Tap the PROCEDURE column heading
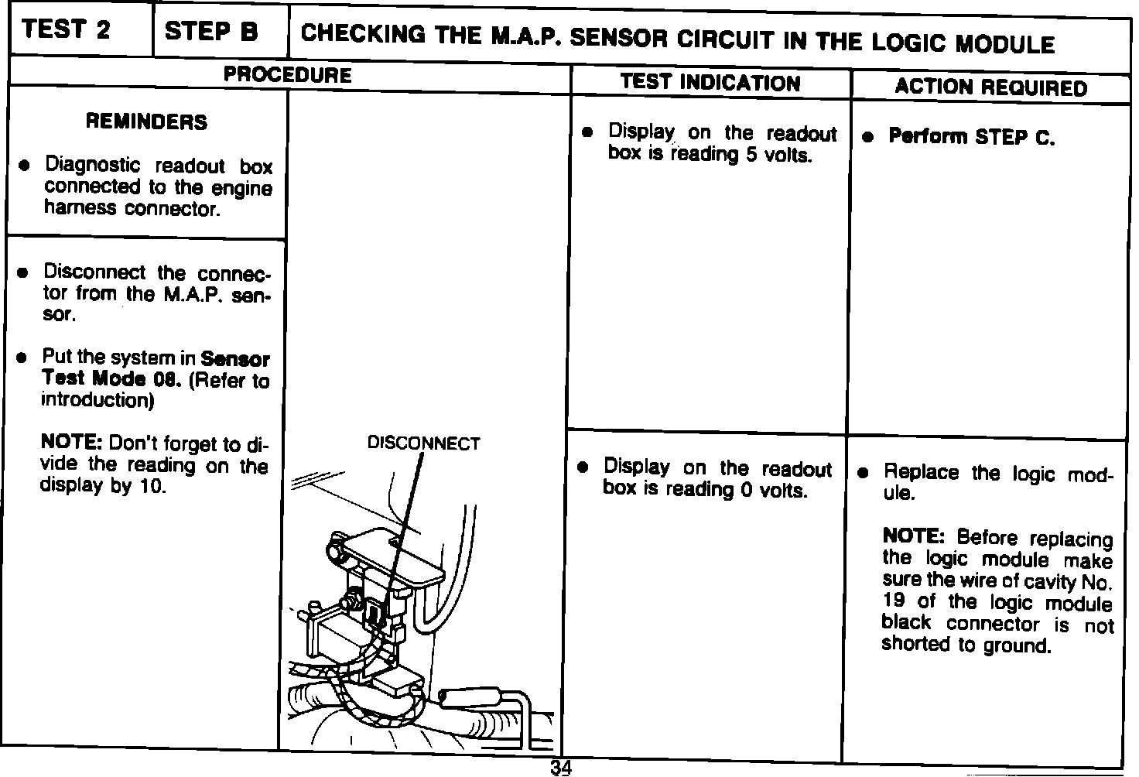tap(287, 75)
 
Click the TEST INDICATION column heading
tap(710, 83)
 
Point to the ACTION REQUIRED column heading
tap(990, 87)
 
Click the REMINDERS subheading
tap(146, 122)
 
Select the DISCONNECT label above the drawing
tap(423, 443)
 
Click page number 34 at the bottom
tap(561, 768)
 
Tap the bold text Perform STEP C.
tap(971, 137)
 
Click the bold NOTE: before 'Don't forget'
tap(71, 443)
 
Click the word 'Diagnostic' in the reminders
tap(93, 165)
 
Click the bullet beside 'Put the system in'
tap(23, 358)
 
